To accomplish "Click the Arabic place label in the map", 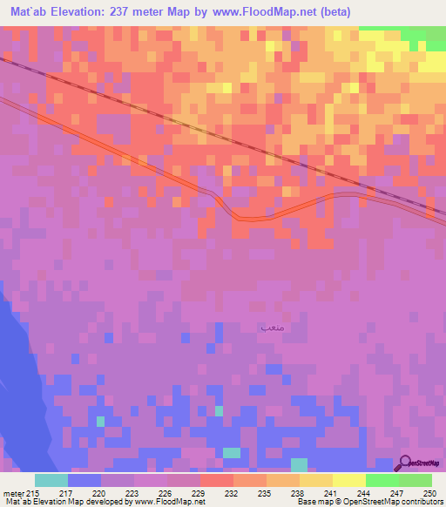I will (x=271, y=328).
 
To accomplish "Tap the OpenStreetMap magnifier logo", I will (x=405, y=463).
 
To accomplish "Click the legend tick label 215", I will (x=34, y=492).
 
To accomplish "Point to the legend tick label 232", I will (x=233, y=492).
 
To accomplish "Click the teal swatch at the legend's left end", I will (x=51, y=480).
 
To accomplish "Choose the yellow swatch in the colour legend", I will (x=348, y=480).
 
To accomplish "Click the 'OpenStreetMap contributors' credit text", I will (x=398, y=503).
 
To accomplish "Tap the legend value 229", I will (x=199, y=492).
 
